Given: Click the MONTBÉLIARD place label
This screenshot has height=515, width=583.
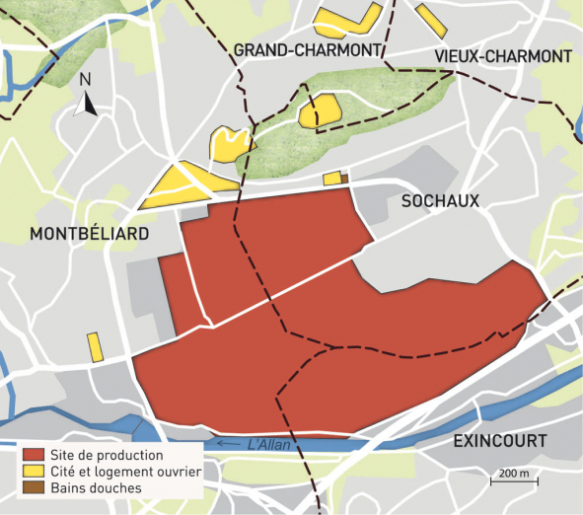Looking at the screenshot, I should tap(90, 234).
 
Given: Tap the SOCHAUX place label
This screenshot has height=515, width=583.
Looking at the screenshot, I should tap(440, 200).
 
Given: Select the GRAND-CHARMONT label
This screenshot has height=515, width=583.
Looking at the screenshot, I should tap(307, 50).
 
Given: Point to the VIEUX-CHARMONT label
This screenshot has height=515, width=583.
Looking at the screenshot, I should tap(502, 56).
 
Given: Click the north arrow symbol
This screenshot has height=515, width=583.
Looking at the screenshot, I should tap(87, 104).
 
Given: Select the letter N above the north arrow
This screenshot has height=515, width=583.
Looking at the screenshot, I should tap(86, 79).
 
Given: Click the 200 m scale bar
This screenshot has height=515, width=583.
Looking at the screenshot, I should tap(512, 480).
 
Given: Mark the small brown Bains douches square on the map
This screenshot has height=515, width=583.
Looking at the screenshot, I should tap(344, 179).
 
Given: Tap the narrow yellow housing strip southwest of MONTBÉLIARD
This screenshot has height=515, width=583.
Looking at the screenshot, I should tap(96, 347).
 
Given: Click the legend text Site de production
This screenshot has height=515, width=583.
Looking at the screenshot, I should tap(108, 456).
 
